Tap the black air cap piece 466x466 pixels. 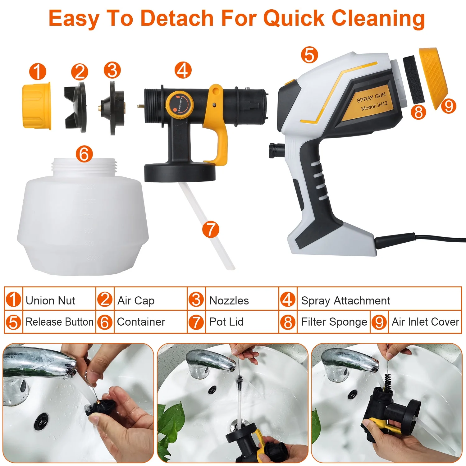coord(75,107)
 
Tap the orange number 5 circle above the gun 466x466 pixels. coord(309,55)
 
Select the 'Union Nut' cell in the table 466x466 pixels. coord(50,300)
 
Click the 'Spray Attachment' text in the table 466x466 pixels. coord(345,300)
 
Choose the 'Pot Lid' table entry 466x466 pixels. coord(226,322)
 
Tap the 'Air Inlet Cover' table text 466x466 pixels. coord(425,322)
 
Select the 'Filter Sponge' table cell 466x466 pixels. coord(334,322)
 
